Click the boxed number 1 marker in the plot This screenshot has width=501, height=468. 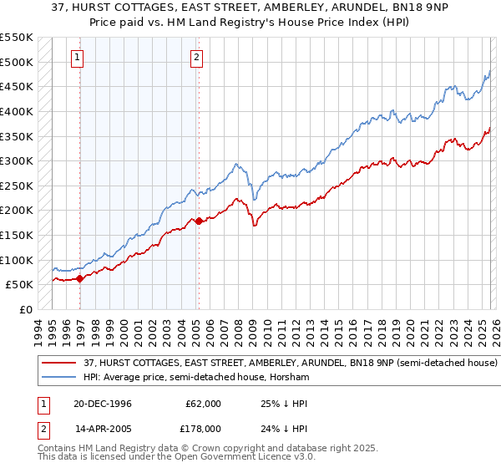pyautogui.click(x=77, y=58)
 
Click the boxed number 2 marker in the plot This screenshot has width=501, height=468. pyautogui.click(x=196, y=58)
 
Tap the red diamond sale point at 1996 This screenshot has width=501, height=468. pyautogui.click(x=80, y=279)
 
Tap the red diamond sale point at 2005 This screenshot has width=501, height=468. pyautogui.click(x=199, y=221)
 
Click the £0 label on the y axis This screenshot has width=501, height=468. pyautogui.click(x=26, y=309)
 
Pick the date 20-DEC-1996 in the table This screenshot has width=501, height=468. pyautogui.click(x=102, y=403)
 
